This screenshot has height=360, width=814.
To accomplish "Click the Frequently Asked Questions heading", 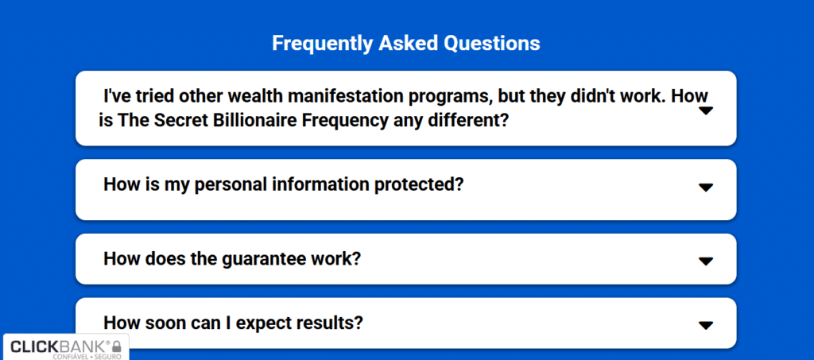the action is click(406, 44).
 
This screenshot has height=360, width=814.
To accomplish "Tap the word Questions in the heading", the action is click(491, 44).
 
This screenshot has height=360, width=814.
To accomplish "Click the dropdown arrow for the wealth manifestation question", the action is click(706, 110).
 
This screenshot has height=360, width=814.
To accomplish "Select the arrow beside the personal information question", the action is click(706, 188).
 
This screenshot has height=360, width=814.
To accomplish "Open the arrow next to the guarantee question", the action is click(706, 261).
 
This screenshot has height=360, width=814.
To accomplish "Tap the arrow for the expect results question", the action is click(706, 325).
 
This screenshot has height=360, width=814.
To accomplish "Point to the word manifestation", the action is click(343, 96).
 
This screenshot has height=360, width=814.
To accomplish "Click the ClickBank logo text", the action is click(60, 346).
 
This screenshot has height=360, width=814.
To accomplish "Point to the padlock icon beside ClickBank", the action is click(117, 346).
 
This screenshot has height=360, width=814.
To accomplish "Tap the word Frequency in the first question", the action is click(345, 120).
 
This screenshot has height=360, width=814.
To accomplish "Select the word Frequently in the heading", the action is click(323, 44).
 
